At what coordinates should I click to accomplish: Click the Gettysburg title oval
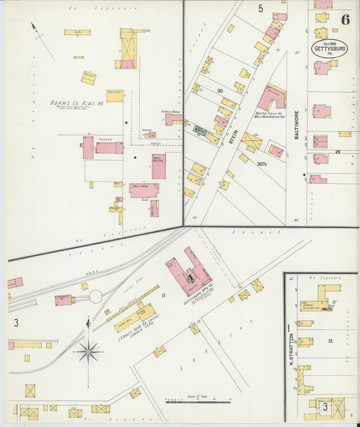[x=329, y=49]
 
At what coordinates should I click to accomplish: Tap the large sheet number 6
[x=345, y=20]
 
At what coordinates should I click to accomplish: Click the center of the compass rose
[x=88, y=351]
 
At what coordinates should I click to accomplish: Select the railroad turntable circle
[x=95, y=297]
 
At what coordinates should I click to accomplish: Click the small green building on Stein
[x=199, y=130]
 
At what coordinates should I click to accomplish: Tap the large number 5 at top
[x=260, y=9]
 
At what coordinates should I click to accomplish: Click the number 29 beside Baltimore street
[x=336, y=152]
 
